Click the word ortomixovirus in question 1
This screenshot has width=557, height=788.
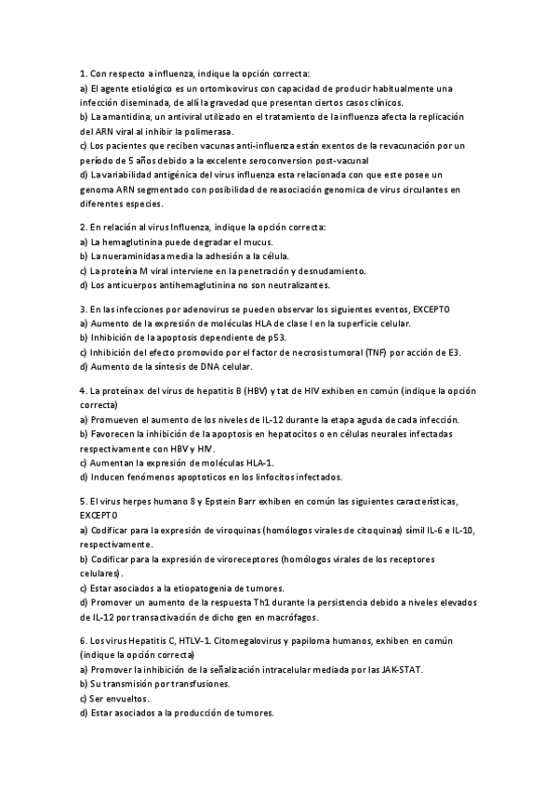point(216,88)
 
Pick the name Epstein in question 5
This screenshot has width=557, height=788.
point(217,501)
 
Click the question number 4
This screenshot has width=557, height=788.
point(83,391)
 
